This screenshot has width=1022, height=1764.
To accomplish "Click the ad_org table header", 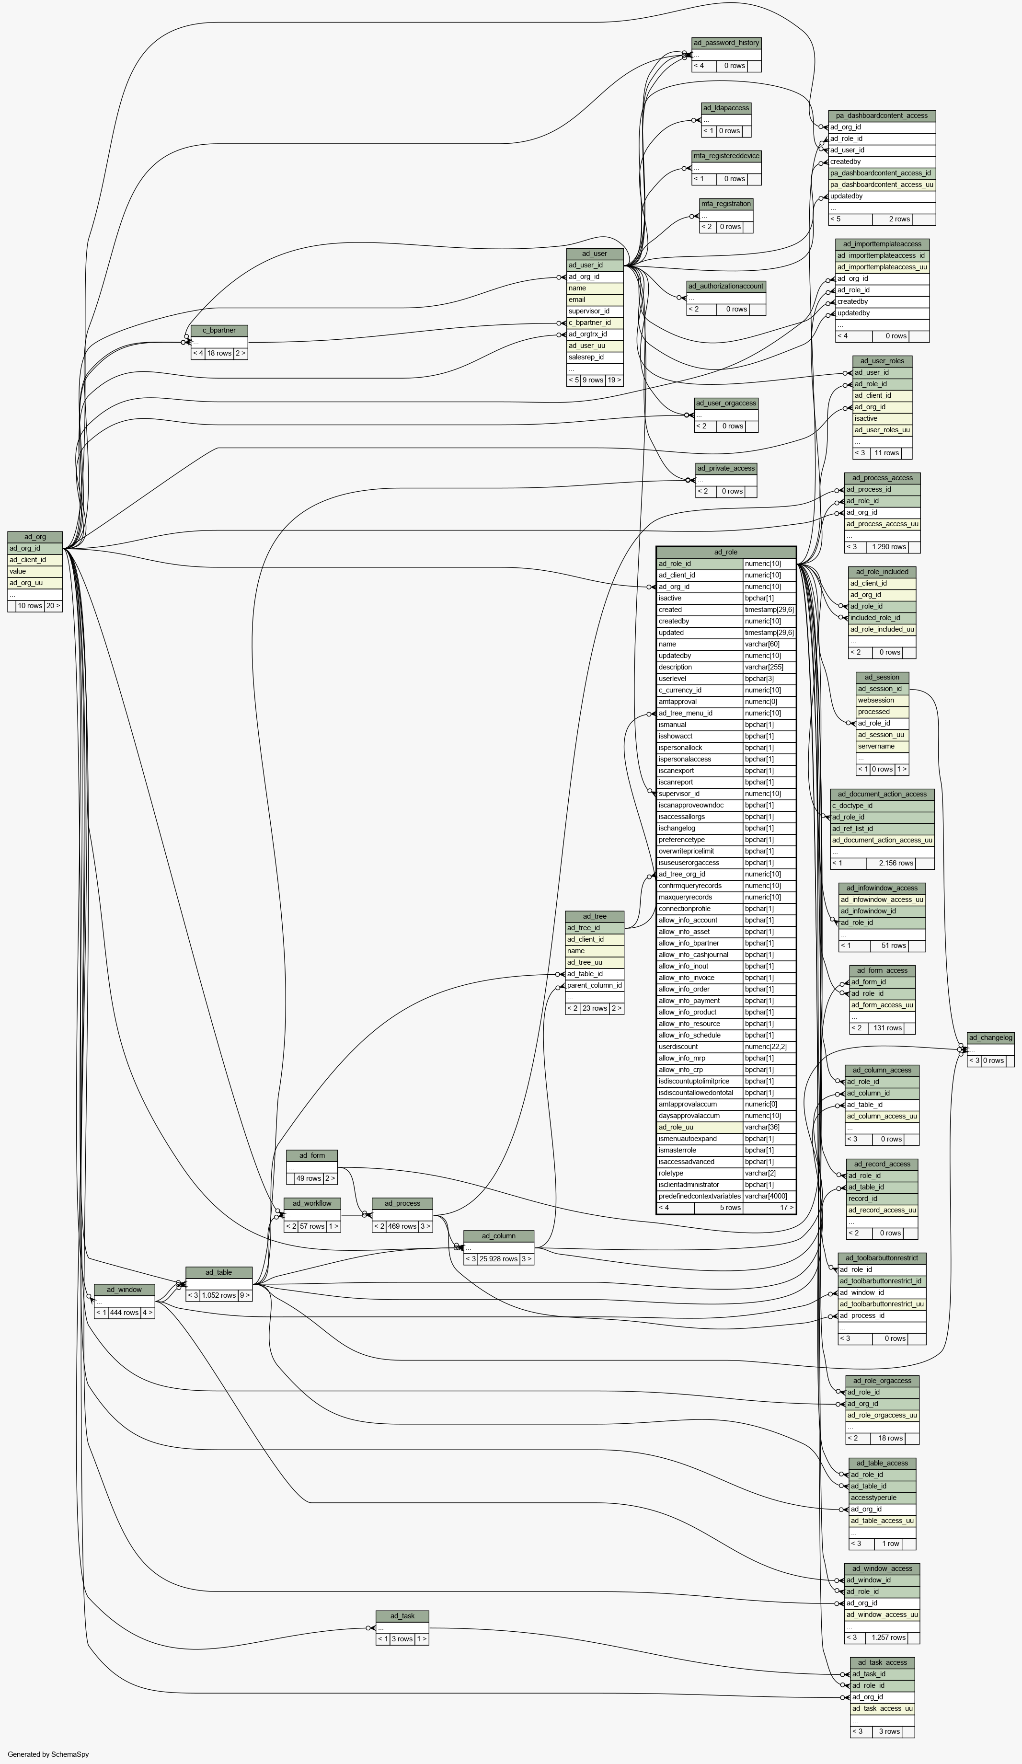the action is (35, 537).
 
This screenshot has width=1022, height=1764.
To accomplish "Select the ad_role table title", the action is (726, 553).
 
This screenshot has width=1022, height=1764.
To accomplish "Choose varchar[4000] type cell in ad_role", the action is (769, 1196).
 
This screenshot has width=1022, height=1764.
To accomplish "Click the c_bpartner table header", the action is (219, 330).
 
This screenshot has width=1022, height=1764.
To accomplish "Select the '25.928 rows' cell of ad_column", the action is (498, 1258).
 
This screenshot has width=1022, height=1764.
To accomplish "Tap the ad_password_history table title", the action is (726, 43).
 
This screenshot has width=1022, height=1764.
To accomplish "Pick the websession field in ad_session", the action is (883, 700).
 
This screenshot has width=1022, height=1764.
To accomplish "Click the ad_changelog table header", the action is (990, 1038).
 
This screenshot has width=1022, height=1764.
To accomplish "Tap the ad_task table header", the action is (402, 1615).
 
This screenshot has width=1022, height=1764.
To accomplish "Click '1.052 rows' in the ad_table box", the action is (219, 1295).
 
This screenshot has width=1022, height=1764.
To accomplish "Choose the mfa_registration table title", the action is (726, 204).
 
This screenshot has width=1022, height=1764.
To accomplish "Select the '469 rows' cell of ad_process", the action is (402, 1226).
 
